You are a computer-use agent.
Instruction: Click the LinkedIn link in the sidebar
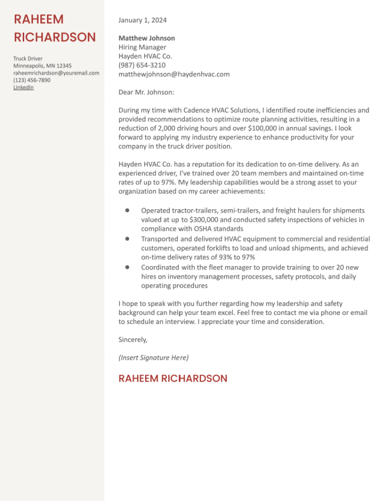pyautogui.click(x=23, y=88)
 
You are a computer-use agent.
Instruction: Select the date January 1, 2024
pyautogui.click(x=142, y=21)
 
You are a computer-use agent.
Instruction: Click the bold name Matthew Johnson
pyautogui.click(x=147, y=38)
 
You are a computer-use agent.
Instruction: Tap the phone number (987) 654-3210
pyautogui.click(x=142, y=65)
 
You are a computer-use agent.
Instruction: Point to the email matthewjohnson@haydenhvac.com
pyautogui.click(x=174, y=74)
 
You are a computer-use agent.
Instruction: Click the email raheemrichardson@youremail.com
pyautogui.click(x=56, y=73)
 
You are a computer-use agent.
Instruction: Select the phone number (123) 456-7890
pyautogui.click(x=32, y=80)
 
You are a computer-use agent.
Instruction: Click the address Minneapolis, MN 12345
pyautogui.click(x=42, y=66)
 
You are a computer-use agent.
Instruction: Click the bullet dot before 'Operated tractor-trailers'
pyautogui.click(x=128, y=210)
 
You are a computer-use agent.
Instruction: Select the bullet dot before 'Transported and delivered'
pyautogui.click(x=128, y=238)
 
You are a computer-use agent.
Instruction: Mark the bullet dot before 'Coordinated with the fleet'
pyautogui.click(x=128, y=267)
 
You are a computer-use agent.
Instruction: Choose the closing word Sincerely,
pyautogui.click(x=133, y=340)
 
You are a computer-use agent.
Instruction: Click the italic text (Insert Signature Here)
pyautogui.click(x=153, y=358)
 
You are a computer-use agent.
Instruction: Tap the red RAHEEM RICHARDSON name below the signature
pyautogui.click(x=173, y=379)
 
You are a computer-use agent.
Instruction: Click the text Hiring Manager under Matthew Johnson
pyautogui.click(x=142, y=47)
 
